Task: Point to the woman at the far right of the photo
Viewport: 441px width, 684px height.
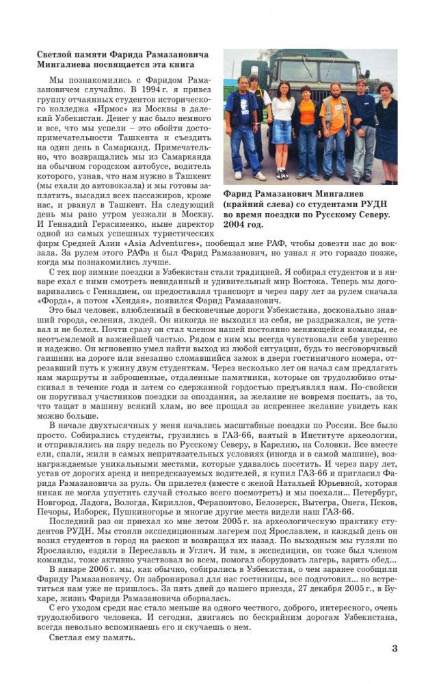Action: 386,130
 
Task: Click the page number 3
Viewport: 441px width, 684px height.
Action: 395,648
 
